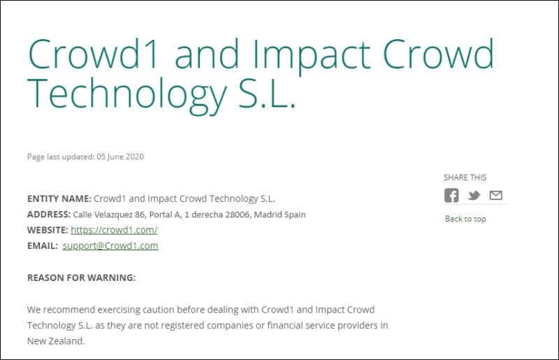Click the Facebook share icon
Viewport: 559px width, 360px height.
(x=451, y=196)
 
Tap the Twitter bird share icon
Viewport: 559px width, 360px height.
(x=474, y=196)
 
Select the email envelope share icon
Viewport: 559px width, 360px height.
(x=495, y=196)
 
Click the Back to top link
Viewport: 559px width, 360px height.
(x=465, y=219)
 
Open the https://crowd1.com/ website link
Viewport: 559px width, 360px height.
(x=114, y=230)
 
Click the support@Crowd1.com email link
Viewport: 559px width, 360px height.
(x=110, y=246)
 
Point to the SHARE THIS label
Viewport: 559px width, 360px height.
(x=465, y=178)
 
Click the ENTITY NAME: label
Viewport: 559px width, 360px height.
(x=59, y=199)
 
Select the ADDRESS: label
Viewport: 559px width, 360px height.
(x=49, y=215)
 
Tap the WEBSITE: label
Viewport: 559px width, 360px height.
(x=48, y=230)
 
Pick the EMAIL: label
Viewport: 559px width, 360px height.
(x=42, y=246)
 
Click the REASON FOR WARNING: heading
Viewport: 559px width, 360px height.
(x=81, y=278)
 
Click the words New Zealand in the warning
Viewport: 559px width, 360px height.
(x=55, y=342)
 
